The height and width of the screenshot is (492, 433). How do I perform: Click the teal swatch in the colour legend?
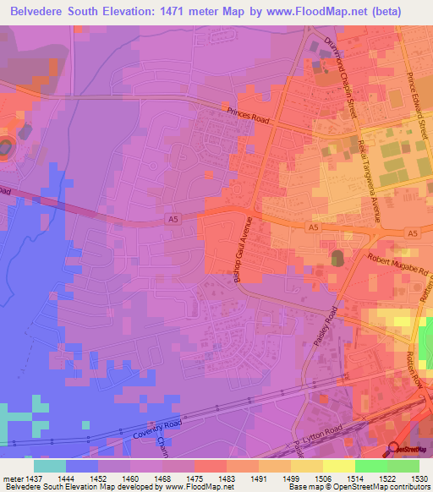(x=50, y=466)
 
